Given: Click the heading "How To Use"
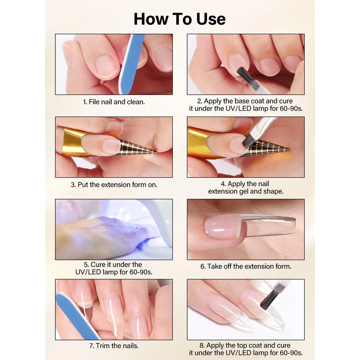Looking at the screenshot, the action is (x=180, y=19).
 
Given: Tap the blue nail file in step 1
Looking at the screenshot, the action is (x=131, y=64).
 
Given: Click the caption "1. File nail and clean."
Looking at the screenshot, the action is (x=114, y=102).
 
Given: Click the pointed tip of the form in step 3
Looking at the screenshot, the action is (x=157, y=152).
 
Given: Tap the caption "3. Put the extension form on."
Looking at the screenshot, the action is (x=114, y=184).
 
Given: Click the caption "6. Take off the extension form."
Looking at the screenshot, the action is (x=246, y=266).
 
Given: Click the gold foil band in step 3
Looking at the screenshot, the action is (x=71, y=142).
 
